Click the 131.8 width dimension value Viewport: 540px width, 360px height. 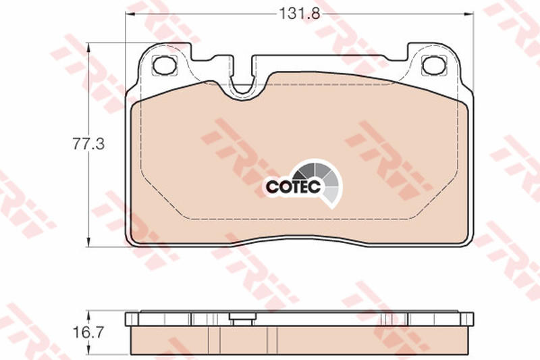(299, 14)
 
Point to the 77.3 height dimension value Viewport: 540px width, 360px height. (88, 144)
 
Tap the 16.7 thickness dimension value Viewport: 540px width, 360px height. (88, 332)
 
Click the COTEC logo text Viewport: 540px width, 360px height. (294, 186)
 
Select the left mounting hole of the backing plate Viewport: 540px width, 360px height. (165, 65)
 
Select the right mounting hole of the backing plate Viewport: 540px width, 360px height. (434, 65)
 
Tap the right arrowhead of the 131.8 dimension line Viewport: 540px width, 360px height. (468, 14)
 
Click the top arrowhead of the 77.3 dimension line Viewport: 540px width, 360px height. (89, 47)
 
